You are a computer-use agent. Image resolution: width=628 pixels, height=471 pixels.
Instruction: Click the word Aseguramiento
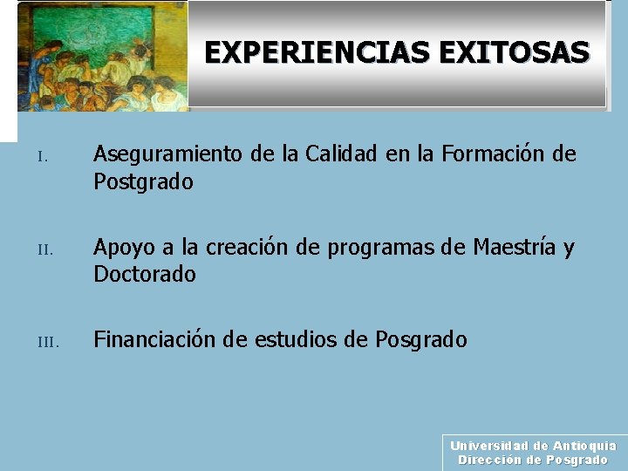168,154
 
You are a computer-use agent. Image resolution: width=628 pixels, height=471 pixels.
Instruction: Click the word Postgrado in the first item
143,183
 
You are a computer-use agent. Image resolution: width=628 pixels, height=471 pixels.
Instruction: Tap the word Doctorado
145,275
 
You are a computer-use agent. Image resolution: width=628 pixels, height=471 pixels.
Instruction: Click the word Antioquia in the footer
584,446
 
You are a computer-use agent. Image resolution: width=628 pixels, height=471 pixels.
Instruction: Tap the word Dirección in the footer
489,460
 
